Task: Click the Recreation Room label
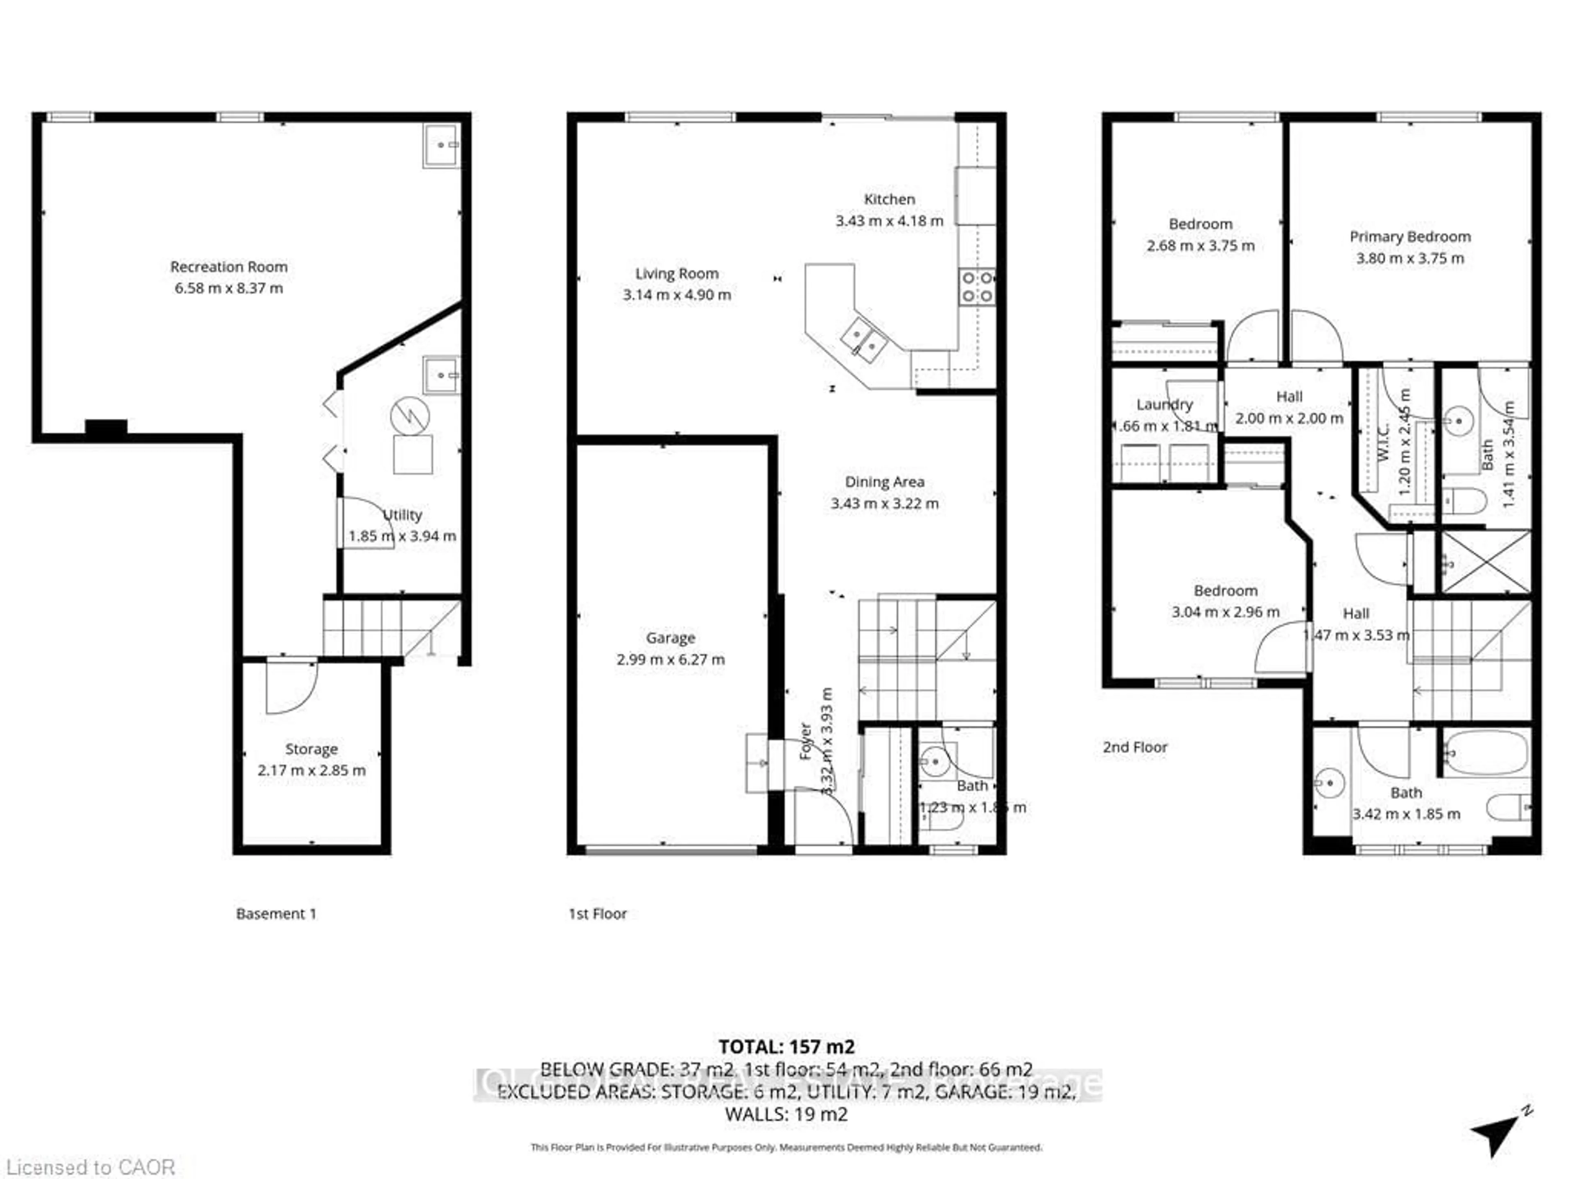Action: point(229,267)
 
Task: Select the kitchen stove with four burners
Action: point(976,287)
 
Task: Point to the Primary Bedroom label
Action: point(1410,237)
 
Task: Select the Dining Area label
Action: point(884,482)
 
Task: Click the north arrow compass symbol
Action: point(1497,1134)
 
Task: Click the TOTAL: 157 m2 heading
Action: point(786,1047)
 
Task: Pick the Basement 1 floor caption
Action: point(276,914)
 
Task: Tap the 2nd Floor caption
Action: point(1135,747)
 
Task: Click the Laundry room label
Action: point(1164,404)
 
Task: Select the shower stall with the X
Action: point(1484,561)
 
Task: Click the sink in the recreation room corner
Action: point(441,146)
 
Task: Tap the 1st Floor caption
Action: point(597,914)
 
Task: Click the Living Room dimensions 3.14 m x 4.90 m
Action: point(677,295)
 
